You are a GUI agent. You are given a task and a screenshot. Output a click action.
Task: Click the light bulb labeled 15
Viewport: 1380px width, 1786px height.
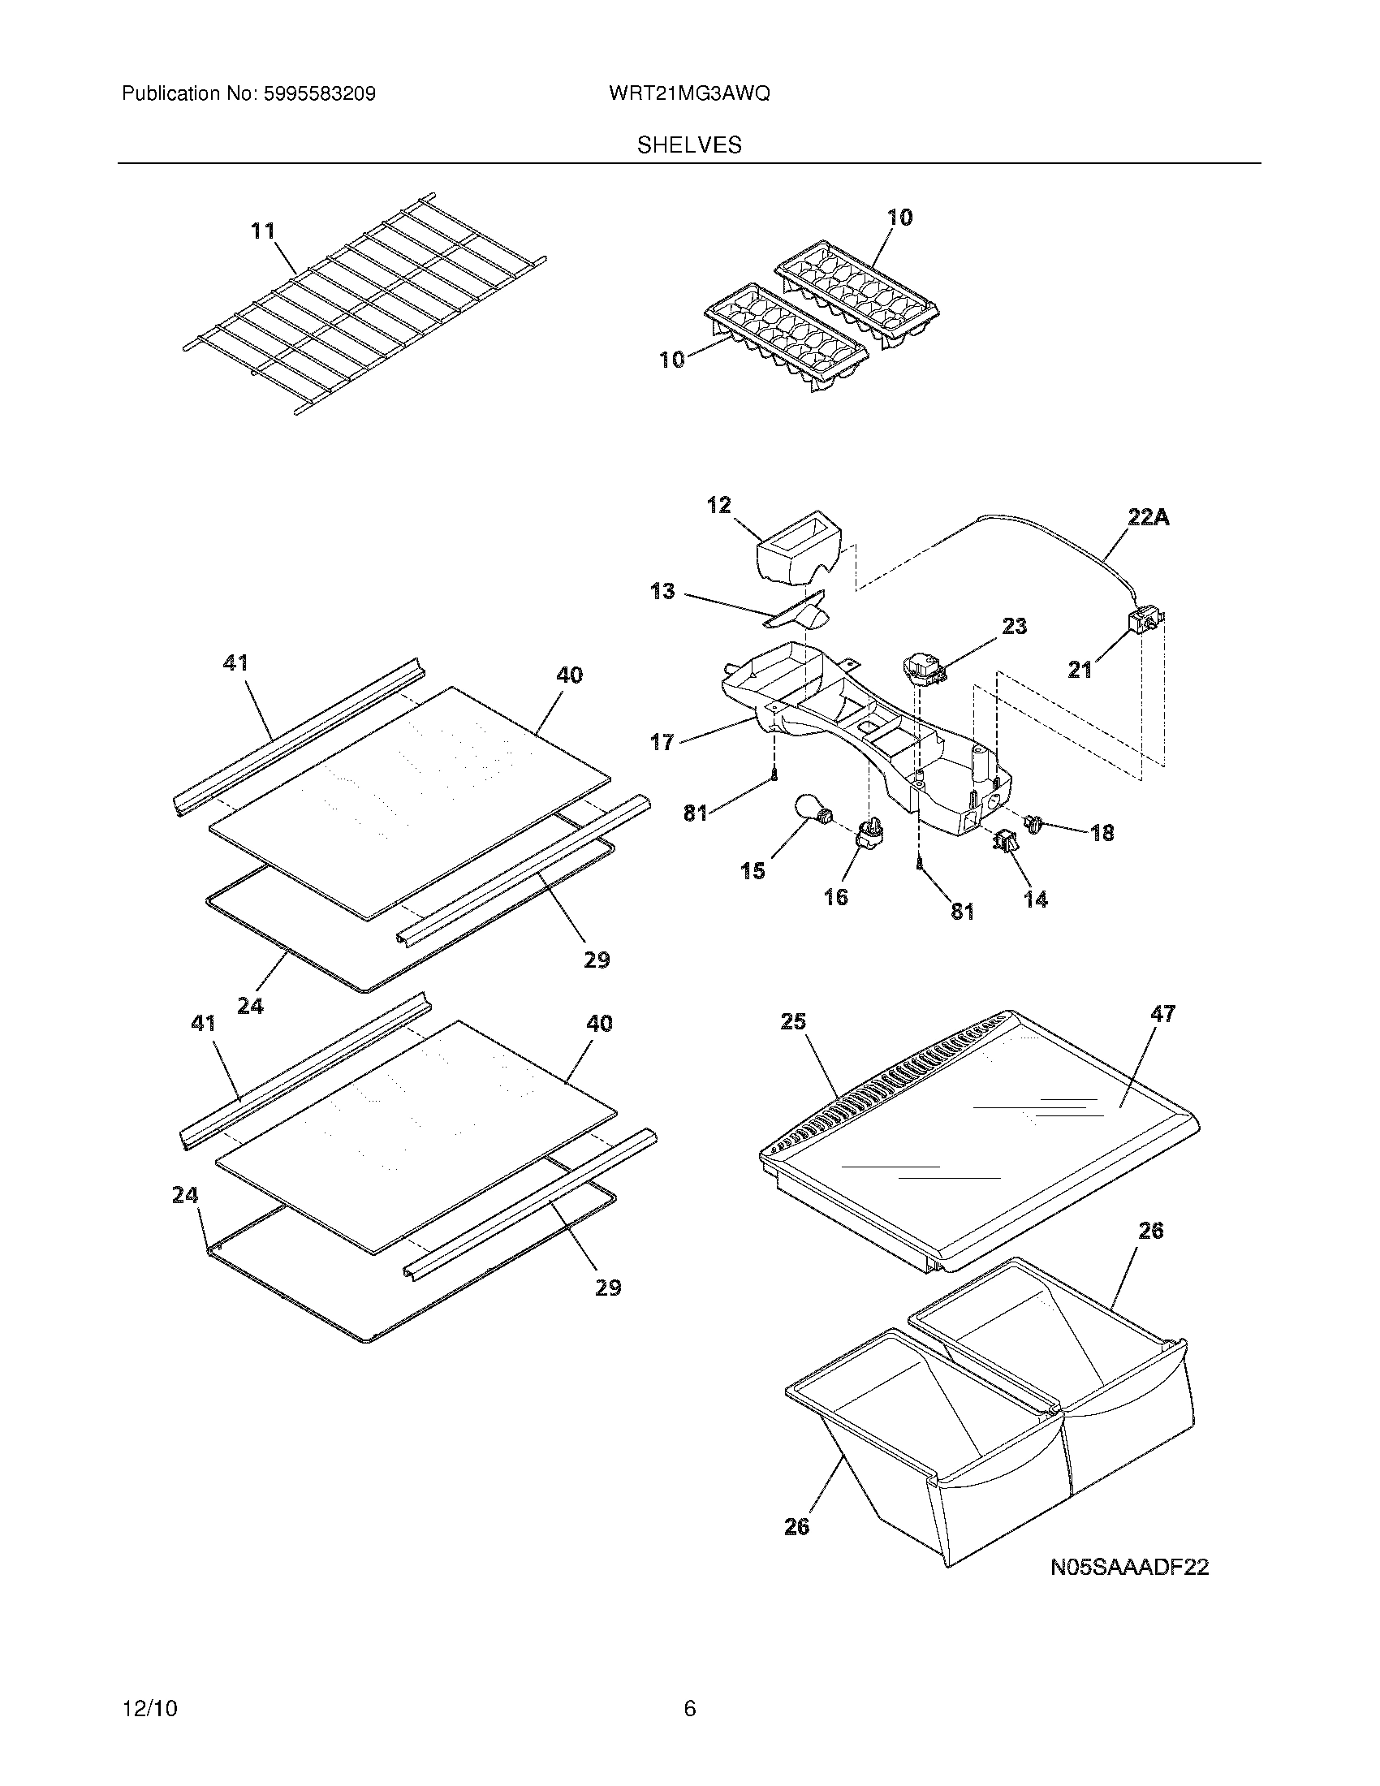tap(813, 815)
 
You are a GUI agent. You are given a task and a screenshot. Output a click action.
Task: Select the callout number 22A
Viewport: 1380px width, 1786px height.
tap(1148, 517)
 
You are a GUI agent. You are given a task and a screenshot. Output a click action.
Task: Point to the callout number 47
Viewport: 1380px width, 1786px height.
tap(1162, 1014)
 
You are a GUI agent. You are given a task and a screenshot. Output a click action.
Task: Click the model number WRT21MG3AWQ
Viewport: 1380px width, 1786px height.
tap(688, 94)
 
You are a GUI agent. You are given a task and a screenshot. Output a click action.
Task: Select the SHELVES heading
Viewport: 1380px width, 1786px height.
tap(689, 145)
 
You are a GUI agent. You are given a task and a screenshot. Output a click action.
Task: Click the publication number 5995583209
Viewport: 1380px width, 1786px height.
tap(319, 94)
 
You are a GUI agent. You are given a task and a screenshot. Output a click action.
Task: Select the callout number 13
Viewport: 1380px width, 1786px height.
tap(662, 591)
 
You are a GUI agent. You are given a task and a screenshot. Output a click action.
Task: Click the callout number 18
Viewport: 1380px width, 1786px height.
tap(1102, 832)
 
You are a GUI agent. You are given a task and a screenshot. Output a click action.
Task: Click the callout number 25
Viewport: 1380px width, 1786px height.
tap(793, 1022)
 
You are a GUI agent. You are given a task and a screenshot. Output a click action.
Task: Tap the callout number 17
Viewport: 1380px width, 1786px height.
tap(662, 742)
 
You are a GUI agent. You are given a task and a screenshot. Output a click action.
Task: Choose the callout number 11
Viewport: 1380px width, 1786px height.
tap(262, 231)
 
